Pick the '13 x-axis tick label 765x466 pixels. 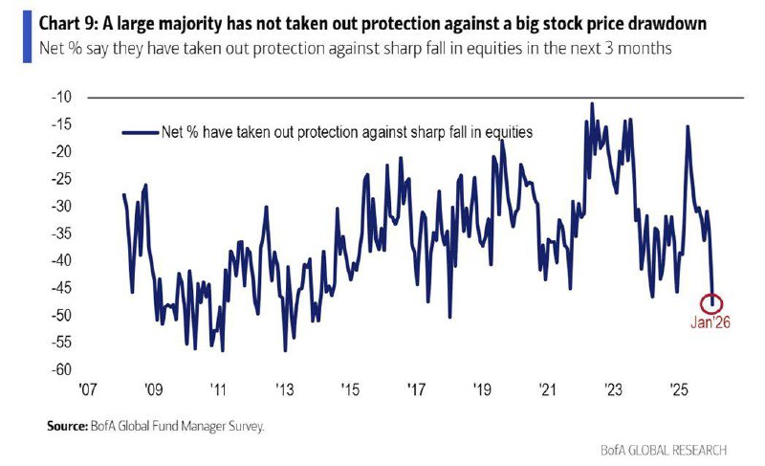click(x=284, y=390)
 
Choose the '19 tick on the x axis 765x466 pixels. click(x=482, y=390)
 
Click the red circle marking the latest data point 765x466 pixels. click(x=711, y=303)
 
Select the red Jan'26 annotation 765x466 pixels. click(x=710, y=322)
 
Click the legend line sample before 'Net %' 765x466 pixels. click(x=141, y=133)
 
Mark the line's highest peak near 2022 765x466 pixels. click(x=593, y=103)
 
